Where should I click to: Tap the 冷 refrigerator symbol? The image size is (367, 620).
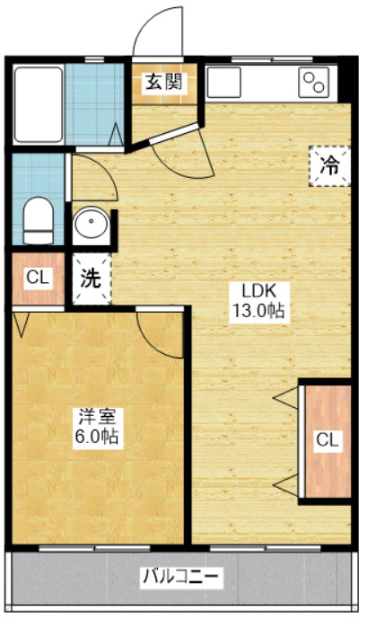(329, 165)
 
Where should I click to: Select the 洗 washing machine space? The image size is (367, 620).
(91, 278)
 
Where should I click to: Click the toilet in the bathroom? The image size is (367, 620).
(38, 221)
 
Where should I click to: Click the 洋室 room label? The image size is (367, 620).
(97, 417)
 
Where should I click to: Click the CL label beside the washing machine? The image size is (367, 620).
(37, 278)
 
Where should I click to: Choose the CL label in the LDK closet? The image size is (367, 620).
(326, 440)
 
